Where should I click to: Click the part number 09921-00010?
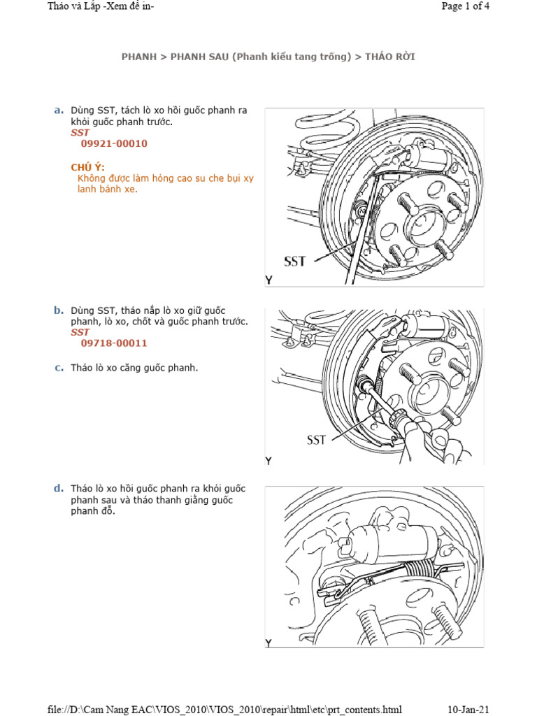[114, 143]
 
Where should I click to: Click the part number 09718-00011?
[114, 343]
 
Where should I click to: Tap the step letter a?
[59, 110]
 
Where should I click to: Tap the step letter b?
[59, 310]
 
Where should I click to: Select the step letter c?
[59, 368]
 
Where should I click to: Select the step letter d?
[59, 488]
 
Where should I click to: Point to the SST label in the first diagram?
[295, 262]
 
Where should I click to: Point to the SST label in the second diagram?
[316, 441]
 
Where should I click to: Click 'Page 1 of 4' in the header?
[466, 6]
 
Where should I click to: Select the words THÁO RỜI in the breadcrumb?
[385, 57]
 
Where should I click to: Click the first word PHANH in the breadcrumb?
[138, 57]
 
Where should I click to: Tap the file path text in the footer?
[224, 710]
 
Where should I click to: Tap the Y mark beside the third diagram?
[268, 643]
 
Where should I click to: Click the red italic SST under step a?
[80, 132]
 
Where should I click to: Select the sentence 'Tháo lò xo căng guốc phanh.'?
[134, 368]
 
